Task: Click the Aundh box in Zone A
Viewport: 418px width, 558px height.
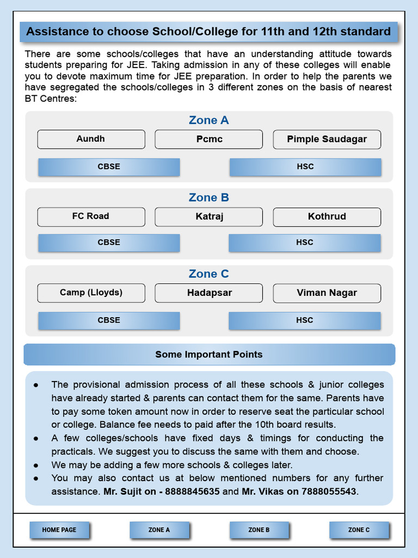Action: tap(91, 139)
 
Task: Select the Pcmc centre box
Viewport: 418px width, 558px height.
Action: tap(209, 139)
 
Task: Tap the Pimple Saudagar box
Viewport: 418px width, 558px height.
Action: tap(327, 139)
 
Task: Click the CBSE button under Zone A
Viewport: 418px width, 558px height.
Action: tap(109, 167)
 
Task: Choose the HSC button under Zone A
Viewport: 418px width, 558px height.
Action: tap(305, 167)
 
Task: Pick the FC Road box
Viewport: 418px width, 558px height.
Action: tap(91, 216)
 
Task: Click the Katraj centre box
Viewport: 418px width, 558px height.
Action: tap(209, 216)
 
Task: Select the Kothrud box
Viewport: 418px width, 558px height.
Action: tap(327, 216)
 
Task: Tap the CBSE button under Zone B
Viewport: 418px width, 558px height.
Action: tap(109, 242)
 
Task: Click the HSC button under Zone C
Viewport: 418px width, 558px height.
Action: tap(304, 320)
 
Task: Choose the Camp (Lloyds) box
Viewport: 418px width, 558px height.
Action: tap(91, 293)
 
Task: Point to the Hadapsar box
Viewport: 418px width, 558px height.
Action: tap(209, 293)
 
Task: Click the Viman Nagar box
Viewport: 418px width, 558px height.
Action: tap(327, 293)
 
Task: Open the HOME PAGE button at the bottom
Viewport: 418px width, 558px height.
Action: tap(59, 530)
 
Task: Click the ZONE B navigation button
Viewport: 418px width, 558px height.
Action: tap(259, 530)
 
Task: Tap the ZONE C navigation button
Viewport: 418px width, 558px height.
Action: tap(359, 530)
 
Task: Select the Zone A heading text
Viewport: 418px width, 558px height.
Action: tap(209, 120)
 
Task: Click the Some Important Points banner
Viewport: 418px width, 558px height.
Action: tap(209, 354)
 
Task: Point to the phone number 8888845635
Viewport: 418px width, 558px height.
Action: tap(192, 492)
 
